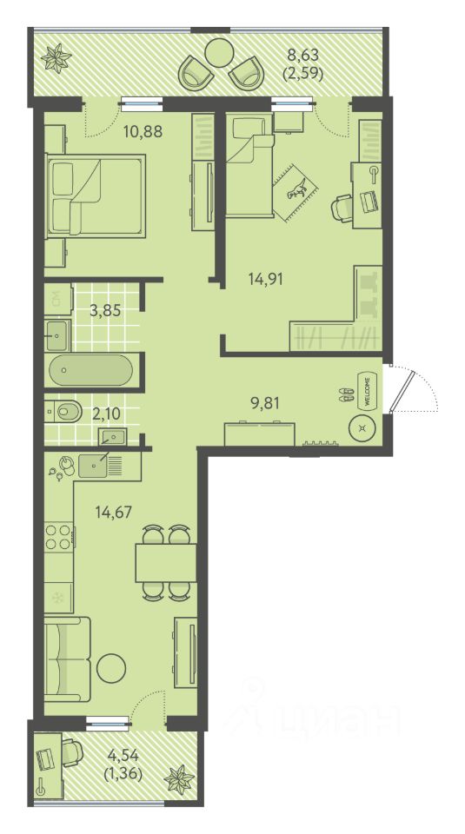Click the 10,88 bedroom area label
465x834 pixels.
pos(143,131)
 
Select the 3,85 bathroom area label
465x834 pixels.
pos(105,311)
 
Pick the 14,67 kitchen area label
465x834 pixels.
pos(113,513)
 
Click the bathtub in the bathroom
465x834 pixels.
pos(90,371)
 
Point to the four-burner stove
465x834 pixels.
pos(58,537)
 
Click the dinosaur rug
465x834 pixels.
pos(296,190)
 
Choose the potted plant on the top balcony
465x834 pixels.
pos(56,57)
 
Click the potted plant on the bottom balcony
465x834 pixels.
pos(179,780)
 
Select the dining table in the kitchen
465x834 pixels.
pos(166,563)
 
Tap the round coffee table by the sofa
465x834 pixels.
pos(111,666)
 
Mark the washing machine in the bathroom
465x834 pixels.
pos(58,300)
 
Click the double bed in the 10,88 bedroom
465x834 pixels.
pos(96,194)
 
